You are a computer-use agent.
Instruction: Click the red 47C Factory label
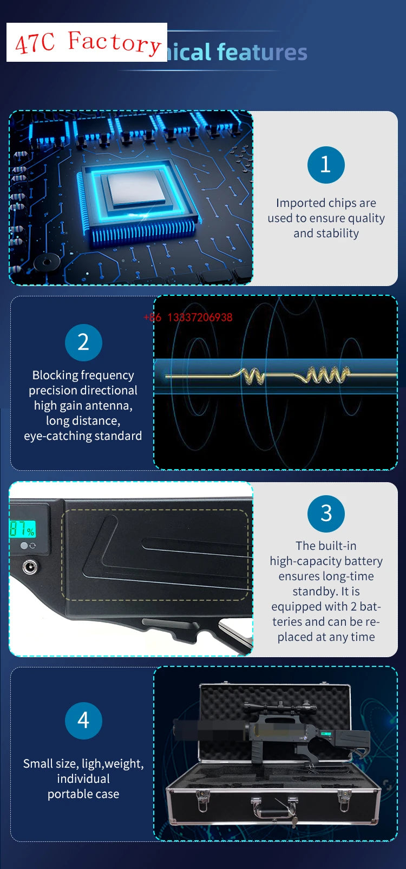coord(87,42)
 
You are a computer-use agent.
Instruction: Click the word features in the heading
coord(262,53)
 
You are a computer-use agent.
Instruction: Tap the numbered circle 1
coord(326,165)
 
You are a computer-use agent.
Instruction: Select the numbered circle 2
coord(83,342)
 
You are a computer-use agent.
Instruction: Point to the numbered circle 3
coord(326,513)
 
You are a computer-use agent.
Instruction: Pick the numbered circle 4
coord(83,721)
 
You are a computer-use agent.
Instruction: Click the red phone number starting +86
coord(188,317)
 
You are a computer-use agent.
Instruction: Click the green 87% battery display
coord(22,529)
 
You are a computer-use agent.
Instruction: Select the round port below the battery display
coord(29,567)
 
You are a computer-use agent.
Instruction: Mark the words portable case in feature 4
coord(83,794)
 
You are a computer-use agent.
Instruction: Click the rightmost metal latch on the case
coord(344,796)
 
